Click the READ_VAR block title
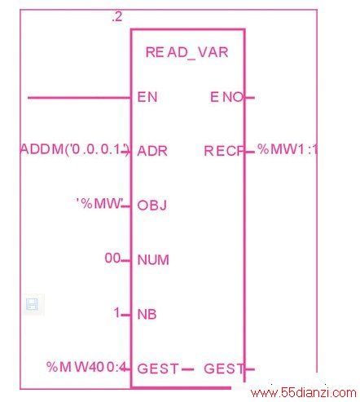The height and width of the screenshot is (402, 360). coord(187,52)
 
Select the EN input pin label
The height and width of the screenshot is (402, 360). coord(147,97)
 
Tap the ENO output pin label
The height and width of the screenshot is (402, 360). coord(226,97)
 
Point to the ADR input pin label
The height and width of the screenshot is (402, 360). coord(152,151)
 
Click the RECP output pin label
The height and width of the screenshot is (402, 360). coord(224,151)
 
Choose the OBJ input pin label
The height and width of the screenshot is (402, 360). coord(152,205)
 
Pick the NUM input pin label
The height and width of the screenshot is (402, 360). coord(153,260)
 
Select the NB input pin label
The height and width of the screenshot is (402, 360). coord(147,314)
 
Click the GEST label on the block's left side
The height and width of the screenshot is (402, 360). coord(158,369)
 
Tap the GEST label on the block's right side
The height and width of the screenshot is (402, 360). coord(224,369)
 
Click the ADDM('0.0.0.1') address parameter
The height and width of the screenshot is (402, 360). coord(74,149)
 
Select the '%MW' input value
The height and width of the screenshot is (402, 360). coord(100,204)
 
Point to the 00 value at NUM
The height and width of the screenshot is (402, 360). coord(112,258)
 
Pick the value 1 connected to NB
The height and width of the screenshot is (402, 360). coord(116,312)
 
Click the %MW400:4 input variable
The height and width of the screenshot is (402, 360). coord(87,367)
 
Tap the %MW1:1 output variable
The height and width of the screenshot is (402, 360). coord(288,149)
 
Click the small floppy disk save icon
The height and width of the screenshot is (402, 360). coord(32,304)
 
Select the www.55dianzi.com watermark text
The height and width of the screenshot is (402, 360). coord(304,393)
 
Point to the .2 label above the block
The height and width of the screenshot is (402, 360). coord(117,17)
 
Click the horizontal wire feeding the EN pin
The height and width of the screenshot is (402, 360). coord(79,98)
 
